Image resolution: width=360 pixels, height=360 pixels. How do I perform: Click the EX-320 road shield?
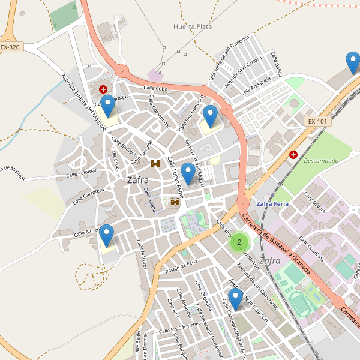coord(10,47)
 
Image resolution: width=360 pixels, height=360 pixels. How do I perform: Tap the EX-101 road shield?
coord(317,121)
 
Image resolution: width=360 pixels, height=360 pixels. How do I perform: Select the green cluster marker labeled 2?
coord(239,242)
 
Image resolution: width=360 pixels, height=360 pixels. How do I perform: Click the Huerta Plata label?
coord(192,26)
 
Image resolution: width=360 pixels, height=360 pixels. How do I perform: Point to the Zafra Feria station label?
coord(272,204)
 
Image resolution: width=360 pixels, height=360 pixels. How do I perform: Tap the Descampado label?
coord(321,161)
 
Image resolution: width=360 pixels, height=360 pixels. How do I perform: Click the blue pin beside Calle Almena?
coord(107,235)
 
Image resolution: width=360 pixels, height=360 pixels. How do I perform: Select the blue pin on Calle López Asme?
coord(188,173)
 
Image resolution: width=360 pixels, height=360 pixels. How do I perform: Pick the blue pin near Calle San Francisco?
coord(210,116)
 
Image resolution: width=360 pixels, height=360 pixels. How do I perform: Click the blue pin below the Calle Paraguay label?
coord(107,106)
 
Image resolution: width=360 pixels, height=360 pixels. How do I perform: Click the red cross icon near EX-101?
coord(293,154)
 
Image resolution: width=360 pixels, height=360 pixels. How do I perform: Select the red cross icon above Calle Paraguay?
coord(103,89)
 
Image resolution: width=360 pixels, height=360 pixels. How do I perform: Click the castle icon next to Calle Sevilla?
coord(175,202)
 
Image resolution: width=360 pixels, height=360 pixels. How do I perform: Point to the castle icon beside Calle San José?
coord(155,163)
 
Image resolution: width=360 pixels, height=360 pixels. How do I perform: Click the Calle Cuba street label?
coord(154,88)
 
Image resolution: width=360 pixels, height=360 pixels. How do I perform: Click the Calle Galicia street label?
coord(277,64)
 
